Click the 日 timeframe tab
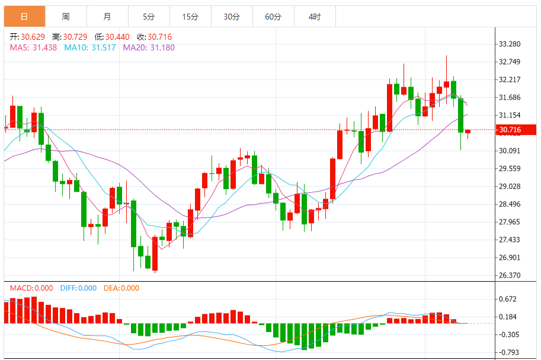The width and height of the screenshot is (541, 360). click(24, 17)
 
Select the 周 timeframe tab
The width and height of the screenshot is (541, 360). click(65, 17)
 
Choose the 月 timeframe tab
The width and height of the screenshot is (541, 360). click(107, 17)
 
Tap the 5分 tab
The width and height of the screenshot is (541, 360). click(148, 17)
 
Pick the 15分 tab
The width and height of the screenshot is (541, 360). click(190, 17)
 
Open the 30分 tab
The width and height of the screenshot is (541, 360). click(232, 17)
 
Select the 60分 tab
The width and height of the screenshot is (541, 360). click(273, 17)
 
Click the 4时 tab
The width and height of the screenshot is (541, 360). click(315, 17)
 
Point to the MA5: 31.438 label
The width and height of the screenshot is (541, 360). click(33, 47)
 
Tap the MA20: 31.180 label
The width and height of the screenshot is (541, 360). click(149, 47)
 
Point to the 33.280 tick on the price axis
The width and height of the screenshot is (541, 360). click(510, 44)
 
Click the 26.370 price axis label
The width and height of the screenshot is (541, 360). click(510, 275)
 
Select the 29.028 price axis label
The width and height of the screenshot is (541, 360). click(510, 186)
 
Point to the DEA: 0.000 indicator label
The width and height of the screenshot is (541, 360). click(121, 288)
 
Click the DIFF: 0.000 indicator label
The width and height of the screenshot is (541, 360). click(78, 288)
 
